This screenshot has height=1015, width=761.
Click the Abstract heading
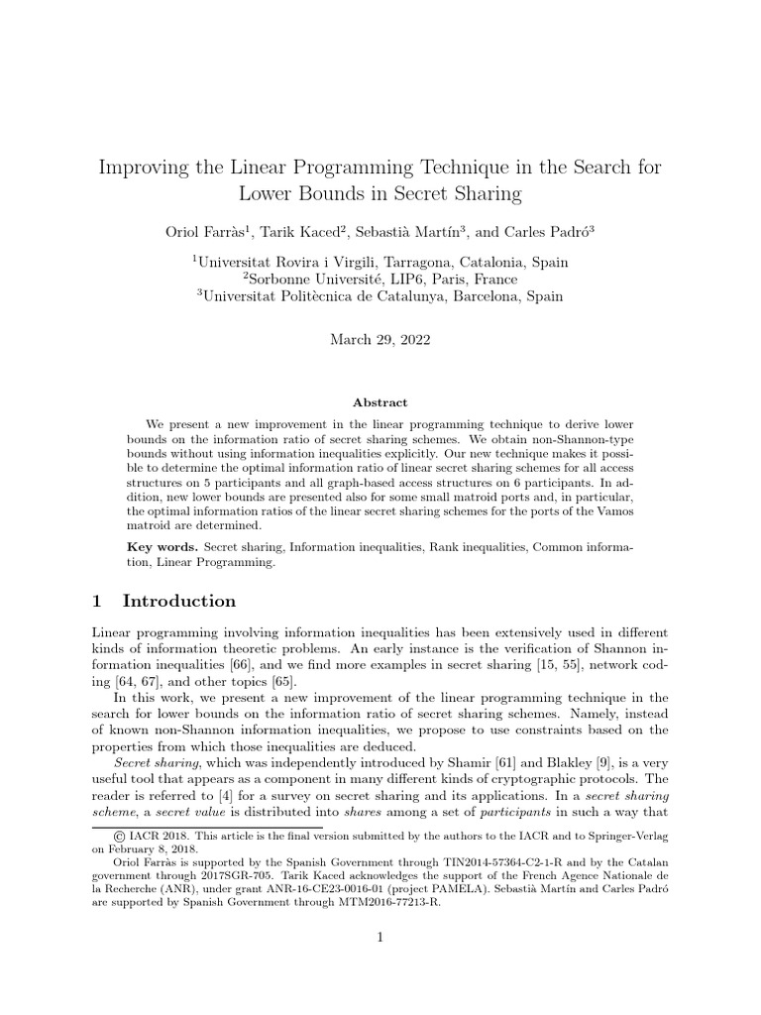(x=380, y=402)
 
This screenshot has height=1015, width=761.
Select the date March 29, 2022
(x=380, y=339)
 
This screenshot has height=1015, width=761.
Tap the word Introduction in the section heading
(x=178, y=601)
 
